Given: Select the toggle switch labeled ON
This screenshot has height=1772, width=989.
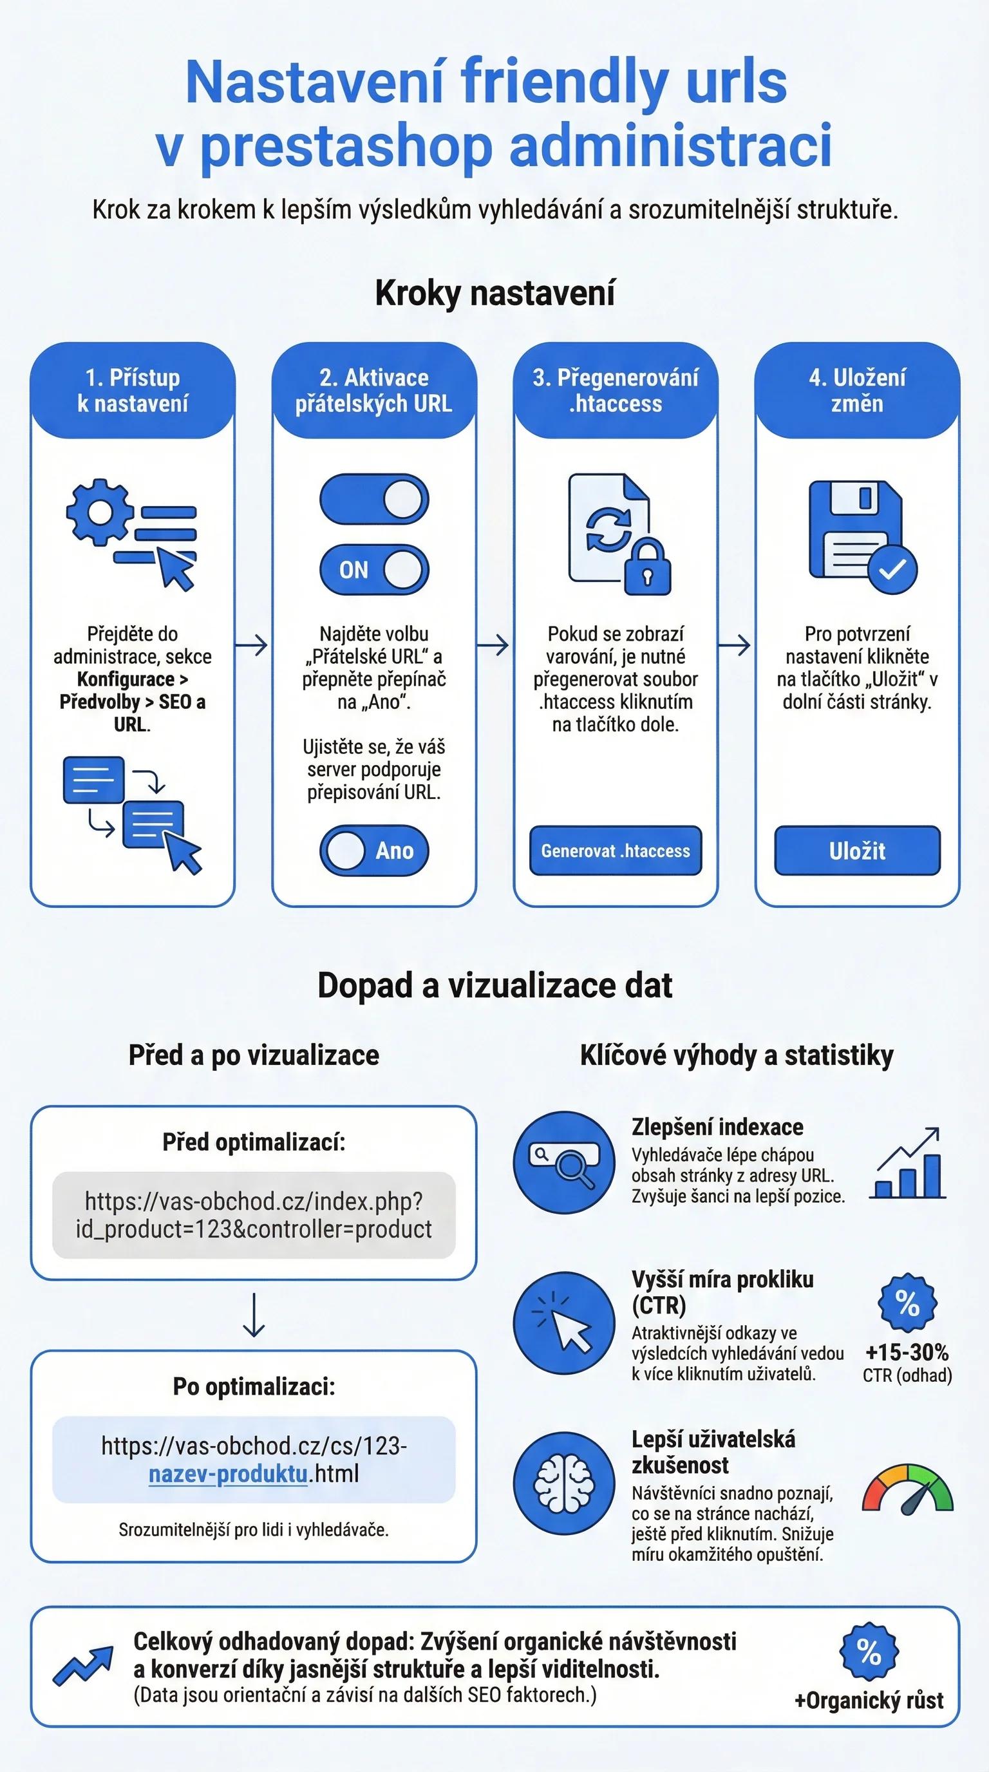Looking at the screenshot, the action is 374,570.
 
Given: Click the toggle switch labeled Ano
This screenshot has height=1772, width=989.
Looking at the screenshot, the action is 374,850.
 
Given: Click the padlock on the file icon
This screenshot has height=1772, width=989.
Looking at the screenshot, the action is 647,567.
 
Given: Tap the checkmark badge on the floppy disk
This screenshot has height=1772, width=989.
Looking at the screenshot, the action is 892,569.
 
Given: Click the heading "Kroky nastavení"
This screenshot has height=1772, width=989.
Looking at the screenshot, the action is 494,293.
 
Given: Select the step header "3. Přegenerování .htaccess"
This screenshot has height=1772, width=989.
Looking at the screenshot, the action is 616,390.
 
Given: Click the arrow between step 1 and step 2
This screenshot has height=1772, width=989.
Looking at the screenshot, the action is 251,645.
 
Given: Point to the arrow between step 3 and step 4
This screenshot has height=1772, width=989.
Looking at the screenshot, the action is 734,645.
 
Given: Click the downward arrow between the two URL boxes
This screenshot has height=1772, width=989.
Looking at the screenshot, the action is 254,1315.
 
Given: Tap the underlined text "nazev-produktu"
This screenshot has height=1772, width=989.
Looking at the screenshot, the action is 228,1474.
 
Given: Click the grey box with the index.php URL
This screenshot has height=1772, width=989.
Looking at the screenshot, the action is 254,1216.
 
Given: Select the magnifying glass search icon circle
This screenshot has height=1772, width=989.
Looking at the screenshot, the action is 564,1162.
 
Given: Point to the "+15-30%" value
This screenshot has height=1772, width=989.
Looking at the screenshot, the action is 907,1352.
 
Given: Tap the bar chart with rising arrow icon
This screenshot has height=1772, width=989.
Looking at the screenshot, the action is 908,1164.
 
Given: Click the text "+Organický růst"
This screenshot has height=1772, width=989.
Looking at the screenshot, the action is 869,1701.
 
